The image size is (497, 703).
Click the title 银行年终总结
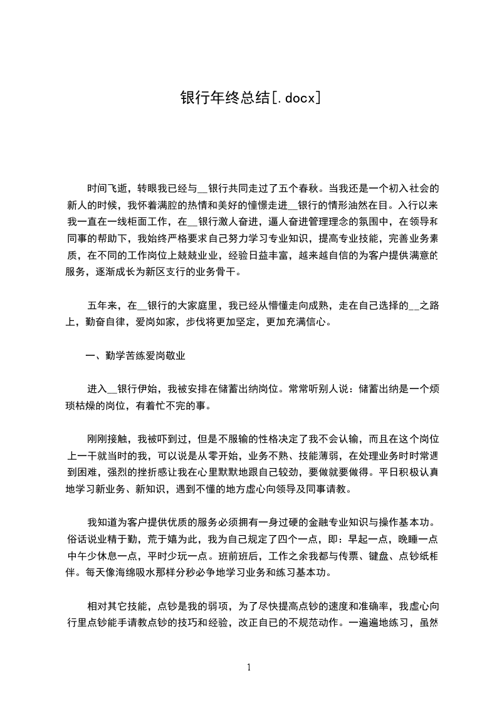click(x=225, y=97)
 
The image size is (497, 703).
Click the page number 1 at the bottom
click(x=249, y=667)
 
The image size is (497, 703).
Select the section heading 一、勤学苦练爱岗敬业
click(x=135, y=357)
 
